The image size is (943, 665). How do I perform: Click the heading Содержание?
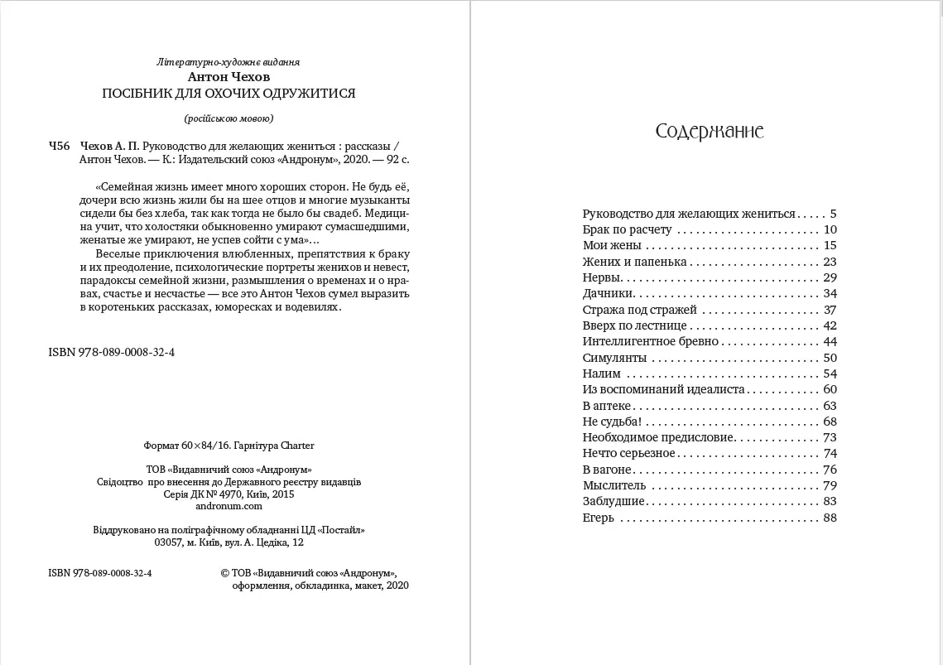(x=709, y=132)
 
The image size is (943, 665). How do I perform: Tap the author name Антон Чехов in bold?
(x=228, y=77)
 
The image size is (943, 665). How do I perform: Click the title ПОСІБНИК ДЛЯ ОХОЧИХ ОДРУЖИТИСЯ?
(x=228, y=93)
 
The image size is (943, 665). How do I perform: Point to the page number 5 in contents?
(x=834, y=213)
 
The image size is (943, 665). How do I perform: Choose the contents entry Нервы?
(x=602, y=277)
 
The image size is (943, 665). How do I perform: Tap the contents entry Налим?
(x=601, y=373)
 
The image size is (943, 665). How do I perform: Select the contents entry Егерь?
(x=599, y=518)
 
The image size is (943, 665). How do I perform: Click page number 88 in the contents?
(x=830, y=518)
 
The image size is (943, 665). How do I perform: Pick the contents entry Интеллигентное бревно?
(x=651, y=341)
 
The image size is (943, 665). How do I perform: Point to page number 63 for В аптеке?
(x=830, y=406)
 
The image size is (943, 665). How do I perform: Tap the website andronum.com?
(x=229, y=506)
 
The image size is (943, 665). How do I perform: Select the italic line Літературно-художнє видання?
(x=228, y=62)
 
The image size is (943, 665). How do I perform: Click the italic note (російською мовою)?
(x=228, y=117)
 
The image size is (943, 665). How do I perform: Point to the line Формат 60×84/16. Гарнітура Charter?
(x=229, y=446)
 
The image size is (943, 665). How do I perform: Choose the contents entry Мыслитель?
(x=613, y=485)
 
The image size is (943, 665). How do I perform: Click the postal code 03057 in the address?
(x=171, y=542)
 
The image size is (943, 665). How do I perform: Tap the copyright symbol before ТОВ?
(x=226, y=572)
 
